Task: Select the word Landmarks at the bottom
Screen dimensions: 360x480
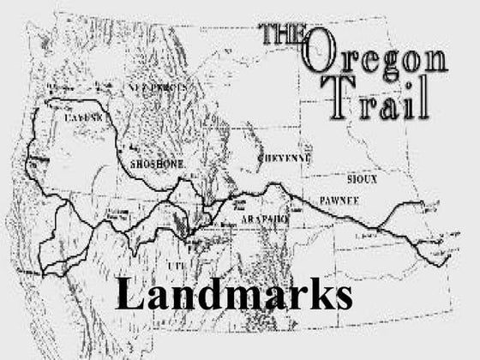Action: (x=234, y=294)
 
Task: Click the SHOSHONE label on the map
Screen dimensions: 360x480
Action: (x=158, y=163)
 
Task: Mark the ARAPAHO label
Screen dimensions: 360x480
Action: (x=265, y=219)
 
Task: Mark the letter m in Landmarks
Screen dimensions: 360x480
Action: (x=238, y=297)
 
